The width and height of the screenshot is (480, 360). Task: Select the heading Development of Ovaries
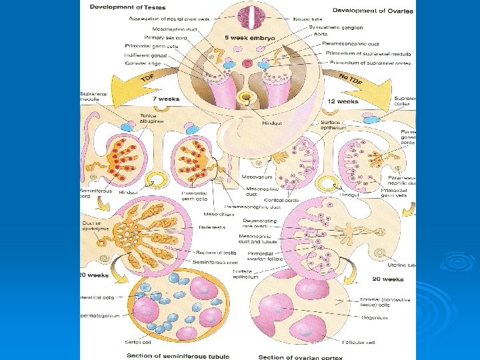pyautogui.click(x=373, y=11)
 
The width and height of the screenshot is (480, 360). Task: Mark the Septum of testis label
pyautogui.click(x=216, y=253)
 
